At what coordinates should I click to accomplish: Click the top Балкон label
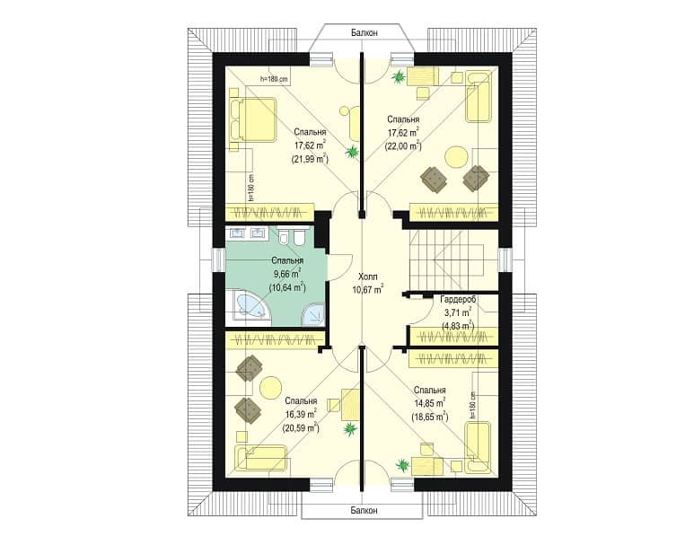(365, 32)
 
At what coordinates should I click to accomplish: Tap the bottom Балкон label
(365, 511)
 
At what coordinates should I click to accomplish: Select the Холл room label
(368, 277)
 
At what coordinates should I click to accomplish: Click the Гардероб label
(458, 300)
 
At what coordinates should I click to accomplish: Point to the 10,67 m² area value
(368, 290)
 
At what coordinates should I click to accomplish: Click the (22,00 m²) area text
(403, 145)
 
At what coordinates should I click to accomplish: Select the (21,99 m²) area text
(310, 159)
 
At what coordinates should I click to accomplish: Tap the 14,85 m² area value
(429, 403)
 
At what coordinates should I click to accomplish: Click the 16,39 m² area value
(301, 414)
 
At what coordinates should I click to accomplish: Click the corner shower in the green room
(314, 314)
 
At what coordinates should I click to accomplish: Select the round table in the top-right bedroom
(456, 158)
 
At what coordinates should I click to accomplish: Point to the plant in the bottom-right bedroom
(402, 465)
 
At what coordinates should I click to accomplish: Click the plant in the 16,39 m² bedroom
(349, 428)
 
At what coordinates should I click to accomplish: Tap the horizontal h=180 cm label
(275, 79)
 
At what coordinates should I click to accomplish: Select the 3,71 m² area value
(458, 313)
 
